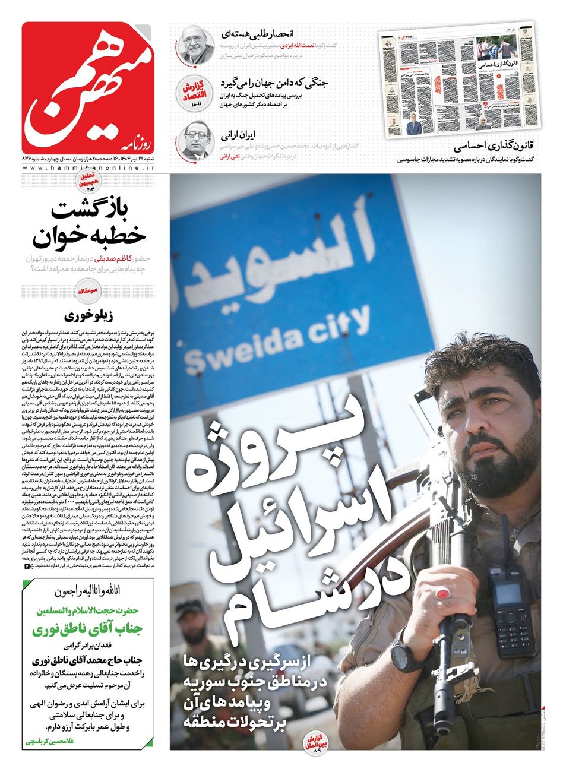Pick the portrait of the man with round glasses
(x=197, y=141)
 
